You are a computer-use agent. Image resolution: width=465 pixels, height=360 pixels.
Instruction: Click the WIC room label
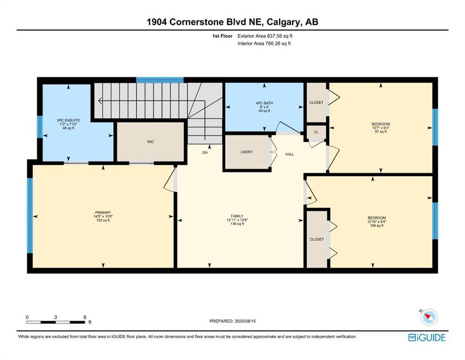[x=150, y=142]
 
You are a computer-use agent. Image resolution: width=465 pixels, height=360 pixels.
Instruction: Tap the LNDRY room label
[x=246, y=152]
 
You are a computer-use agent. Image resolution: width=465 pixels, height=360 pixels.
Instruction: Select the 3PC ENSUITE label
[x=68, y=120]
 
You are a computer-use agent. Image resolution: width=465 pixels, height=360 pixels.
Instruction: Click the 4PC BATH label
[x=264, y=103]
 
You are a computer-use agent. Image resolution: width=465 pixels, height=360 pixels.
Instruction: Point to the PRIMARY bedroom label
[x=103, y=212]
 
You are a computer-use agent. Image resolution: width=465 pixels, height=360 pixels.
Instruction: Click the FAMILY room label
[x=237, y=216]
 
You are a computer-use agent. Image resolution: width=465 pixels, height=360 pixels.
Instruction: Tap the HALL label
[x=289, y=154]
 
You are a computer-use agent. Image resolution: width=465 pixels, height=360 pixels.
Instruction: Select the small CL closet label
[x=316, y=132]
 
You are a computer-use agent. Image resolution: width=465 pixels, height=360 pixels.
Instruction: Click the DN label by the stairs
[x=205, y=152]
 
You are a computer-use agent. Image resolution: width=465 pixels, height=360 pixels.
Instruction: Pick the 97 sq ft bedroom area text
[x=381, y=131]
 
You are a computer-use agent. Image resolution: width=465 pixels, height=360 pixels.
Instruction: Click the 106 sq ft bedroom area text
[x=376, y=225]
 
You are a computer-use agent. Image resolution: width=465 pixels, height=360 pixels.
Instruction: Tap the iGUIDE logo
[x=427, y=338]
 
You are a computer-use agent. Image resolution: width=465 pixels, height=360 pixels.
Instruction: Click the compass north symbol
[x=429, y=317]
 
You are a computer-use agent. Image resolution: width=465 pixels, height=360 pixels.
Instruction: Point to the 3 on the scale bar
[x=55, y=317]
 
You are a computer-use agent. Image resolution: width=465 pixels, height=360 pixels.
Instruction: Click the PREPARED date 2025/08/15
[x=245, y=321]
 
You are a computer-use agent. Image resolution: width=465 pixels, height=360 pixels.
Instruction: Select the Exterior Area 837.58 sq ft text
[x=265, y=36]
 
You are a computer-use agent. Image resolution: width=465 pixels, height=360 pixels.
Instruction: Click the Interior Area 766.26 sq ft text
[x=264, y=43]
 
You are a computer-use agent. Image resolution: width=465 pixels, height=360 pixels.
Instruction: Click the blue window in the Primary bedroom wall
[x=30, y=216]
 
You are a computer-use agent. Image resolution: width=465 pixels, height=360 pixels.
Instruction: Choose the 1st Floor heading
[x=222, y=36]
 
